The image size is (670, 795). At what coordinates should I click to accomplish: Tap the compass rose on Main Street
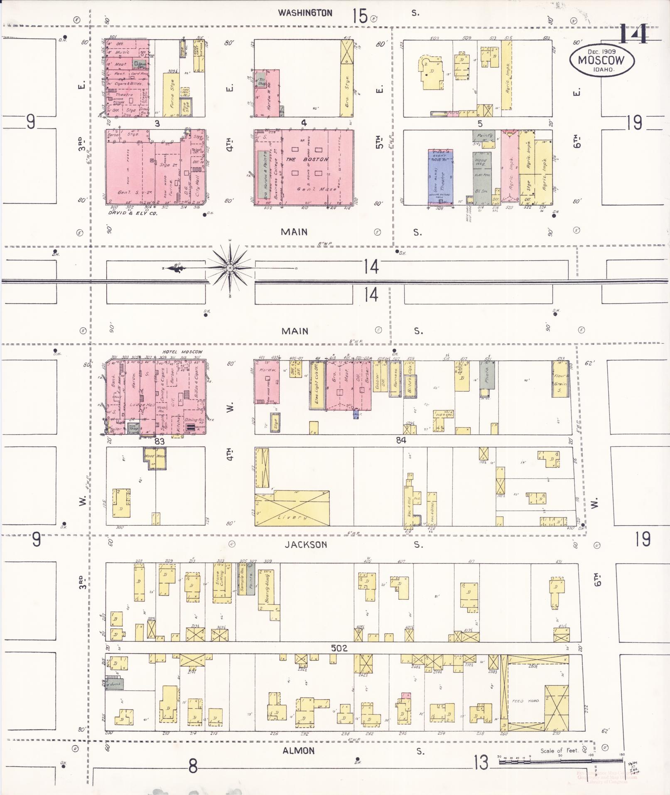(x=230, y=268)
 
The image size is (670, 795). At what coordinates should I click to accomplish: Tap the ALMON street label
(x=298, y=751)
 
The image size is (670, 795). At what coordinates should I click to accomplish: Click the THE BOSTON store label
(x=307, y=159)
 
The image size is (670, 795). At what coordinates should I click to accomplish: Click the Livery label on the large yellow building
(x=293, y=517)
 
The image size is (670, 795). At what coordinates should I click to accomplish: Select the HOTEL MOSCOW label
(x=180, y=352)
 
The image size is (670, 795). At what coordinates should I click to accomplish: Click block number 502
(x=339, y=648)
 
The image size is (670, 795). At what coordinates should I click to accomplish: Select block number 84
(x=400, y=441)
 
